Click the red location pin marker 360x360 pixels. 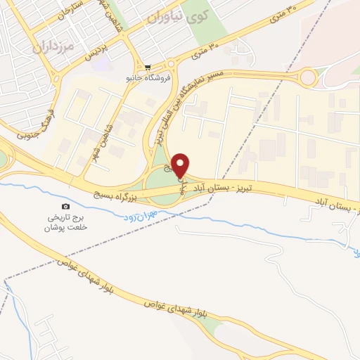coord(181,164)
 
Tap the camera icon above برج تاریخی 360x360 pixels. coord(65,206)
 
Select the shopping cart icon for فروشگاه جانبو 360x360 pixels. coord(147,67)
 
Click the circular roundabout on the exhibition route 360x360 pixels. coord(309,77)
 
